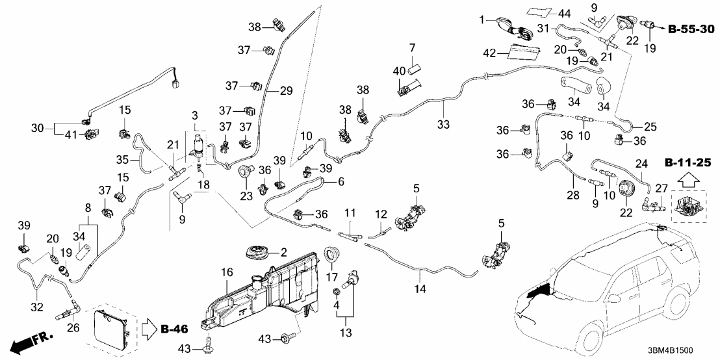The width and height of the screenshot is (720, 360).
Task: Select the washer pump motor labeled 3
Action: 198,148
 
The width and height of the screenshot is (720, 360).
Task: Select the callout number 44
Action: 563,13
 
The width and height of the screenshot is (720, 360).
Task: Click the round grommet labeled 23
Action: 246,171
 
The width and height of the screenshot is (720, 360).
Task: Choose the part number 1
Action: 482,20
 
